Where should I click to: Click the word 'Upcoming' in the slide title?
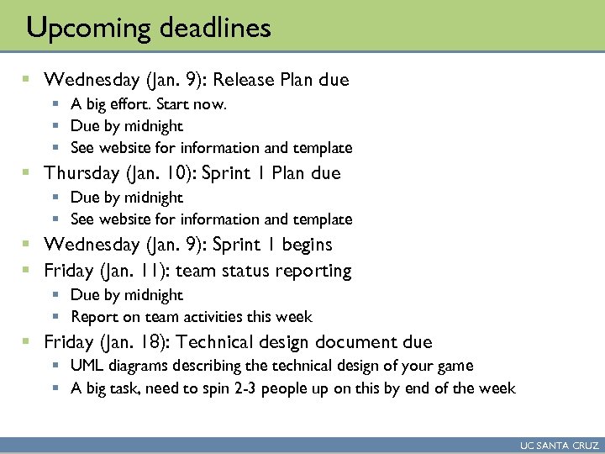(79, 29)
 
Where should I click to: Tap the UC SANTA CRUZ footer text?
(559, 446)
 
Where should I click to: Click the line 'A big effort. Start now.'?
(149, 104)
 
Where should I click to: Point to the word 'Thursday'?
(82, 173)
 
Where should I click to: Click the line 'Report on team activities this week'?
(191, 317)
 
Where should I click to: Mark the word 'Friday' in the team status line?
(69, 271)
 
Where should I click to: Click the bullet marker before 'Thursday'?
(26, 173)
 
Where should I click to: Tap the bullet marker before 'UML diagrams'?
(55, 366)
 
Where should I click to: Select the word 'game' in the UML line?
(455, 366)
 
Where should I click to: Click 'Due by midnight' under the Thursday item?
(126, 198)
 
